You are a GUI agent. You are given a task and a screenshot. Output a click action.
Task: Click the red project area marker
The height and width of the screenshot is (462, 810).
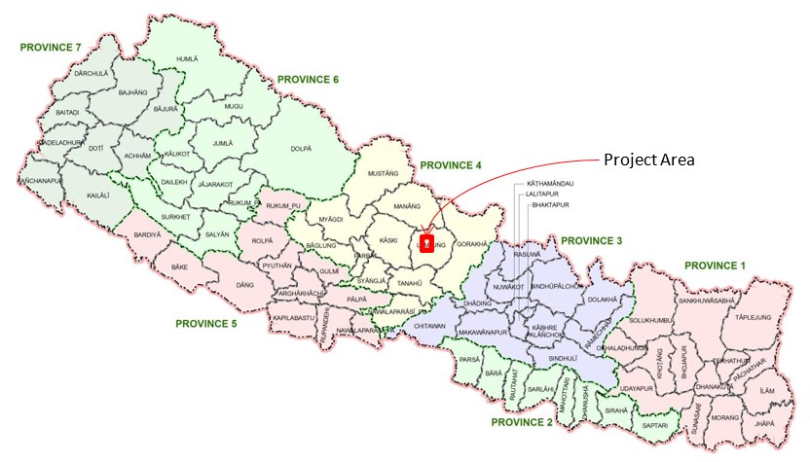[425, 240]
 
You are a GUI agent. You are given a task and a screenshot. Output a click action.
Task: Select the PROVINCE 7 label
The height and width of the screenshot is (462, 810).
[51, 46]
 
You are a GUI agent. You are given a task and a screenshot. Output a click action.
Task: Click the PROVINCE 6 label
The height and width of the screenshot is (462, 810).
[308, 79]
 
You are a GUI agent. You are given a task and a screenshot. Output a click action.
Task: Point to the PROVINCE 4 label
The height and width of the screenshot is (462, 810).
[451, 165]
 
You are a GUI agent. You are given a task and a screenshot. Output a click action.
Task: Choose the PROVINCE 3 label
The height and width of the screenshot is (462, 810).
[593, 240]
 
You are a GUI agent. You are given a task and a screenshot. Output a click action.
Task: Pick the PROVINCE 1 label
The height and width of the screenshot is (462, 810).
[716, 265]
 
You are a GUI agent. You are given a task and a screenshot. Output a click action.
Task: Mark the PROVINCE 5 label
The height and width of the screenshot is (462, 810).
[206, 323]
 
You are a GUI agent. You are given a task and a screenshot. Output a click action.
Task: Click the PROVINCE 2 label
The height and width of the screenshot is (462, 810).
[522, 422]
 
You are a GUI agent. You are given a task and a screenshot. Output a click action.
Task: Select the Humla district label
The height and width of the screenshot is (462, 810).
[187, 59]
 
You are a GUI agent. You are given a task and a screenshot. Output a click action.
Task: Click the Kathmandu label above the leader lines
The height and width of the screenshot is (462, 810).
[550, 183]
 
